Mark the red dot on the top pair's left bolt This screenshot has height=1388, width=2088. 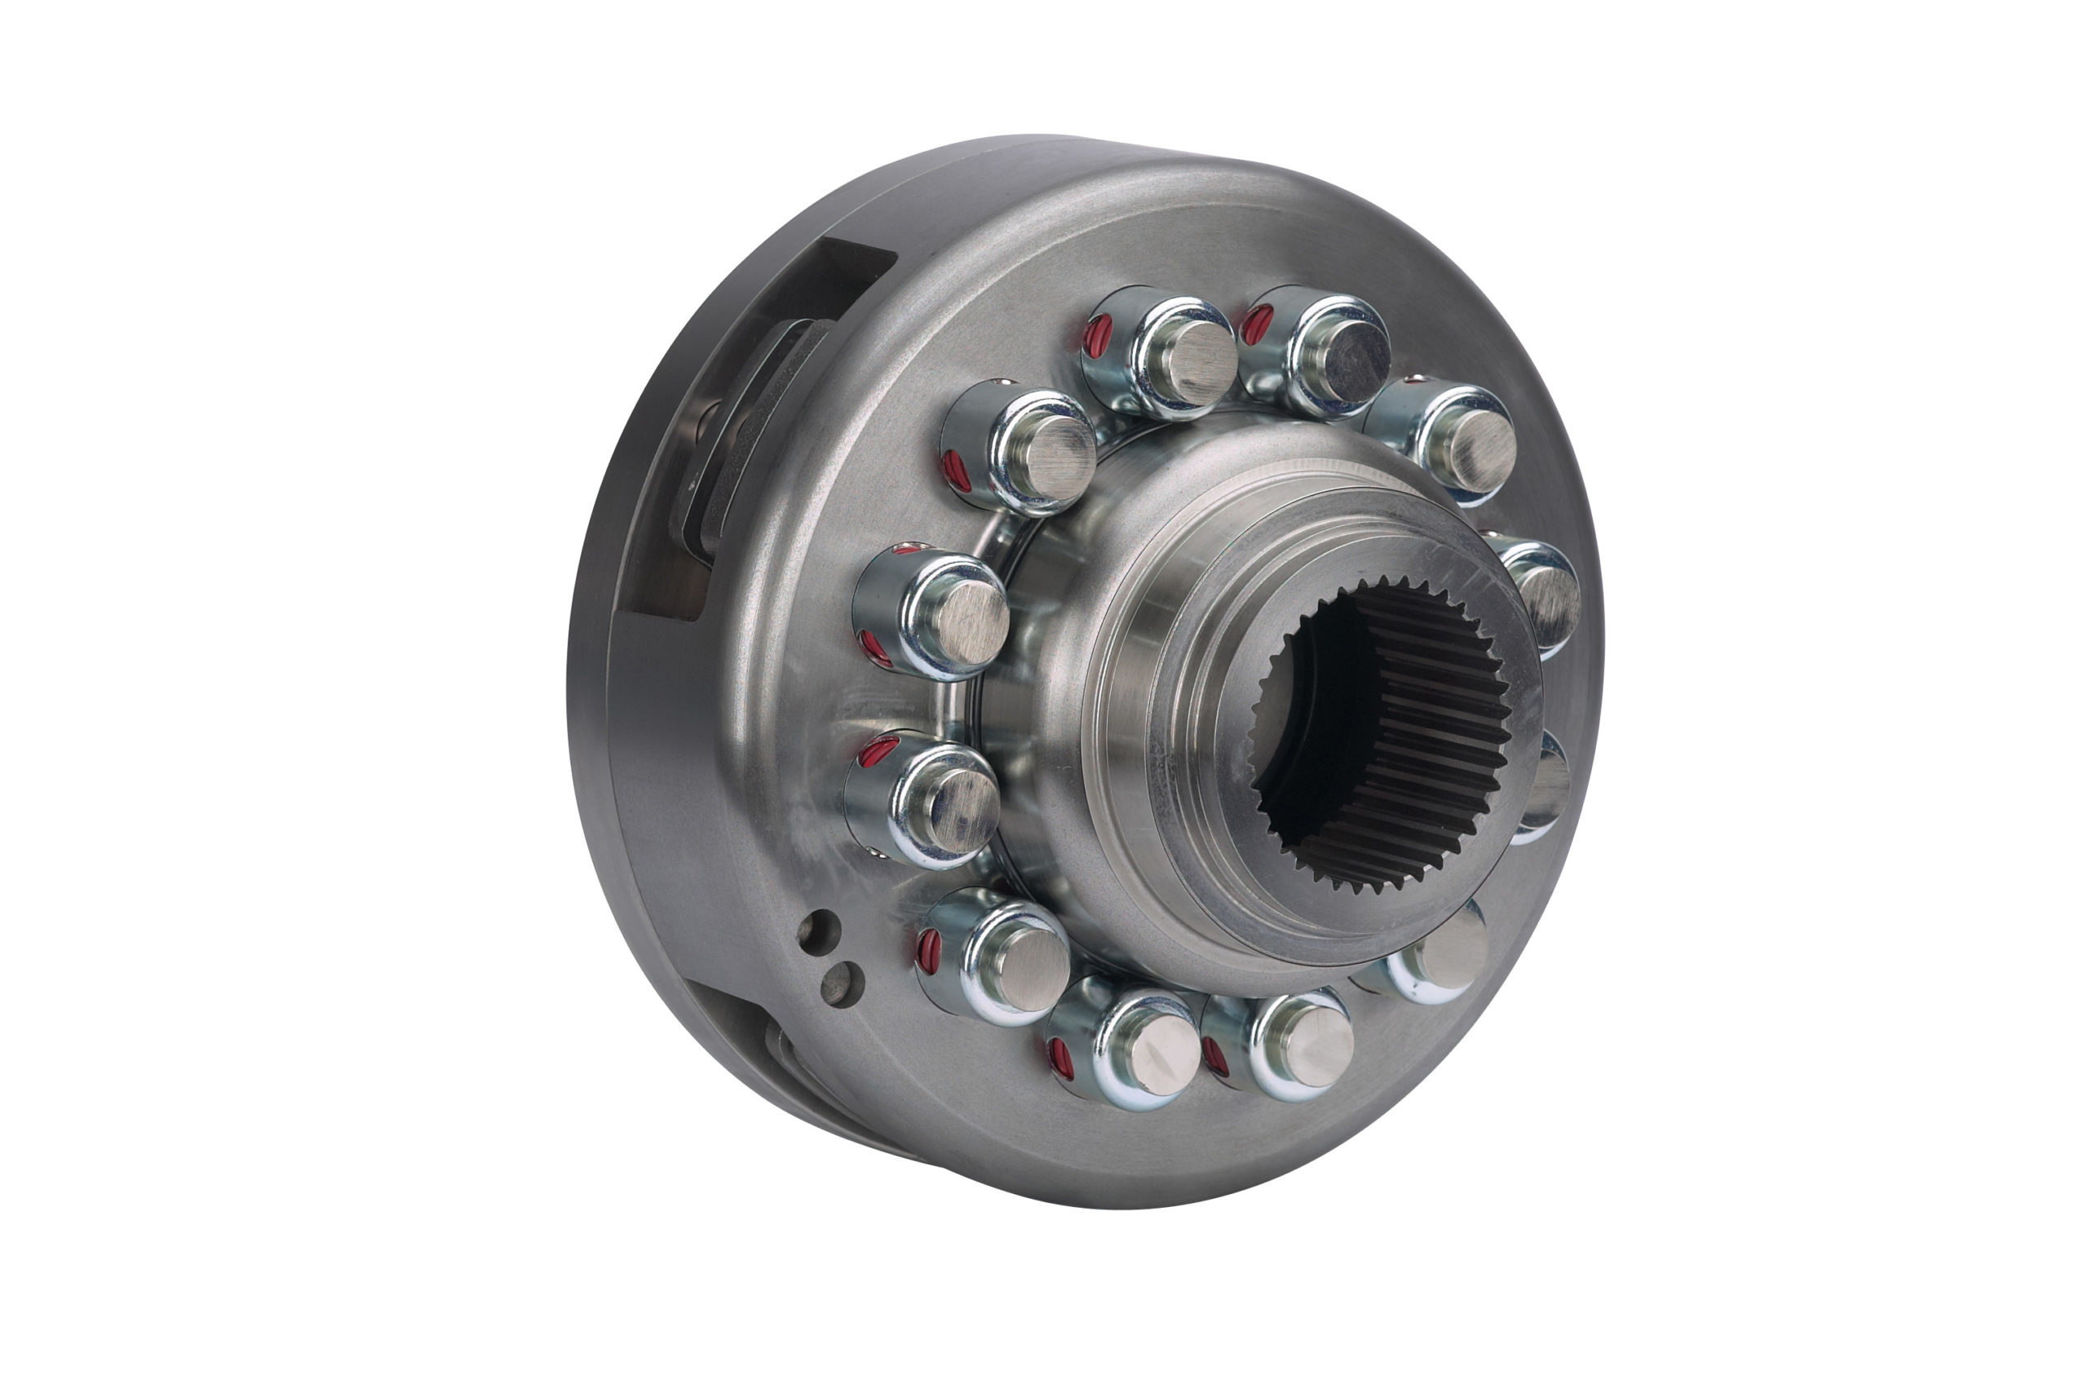[1098, 335]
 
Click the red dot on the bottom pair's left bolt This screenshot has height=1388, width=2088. [1059, 1058]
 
